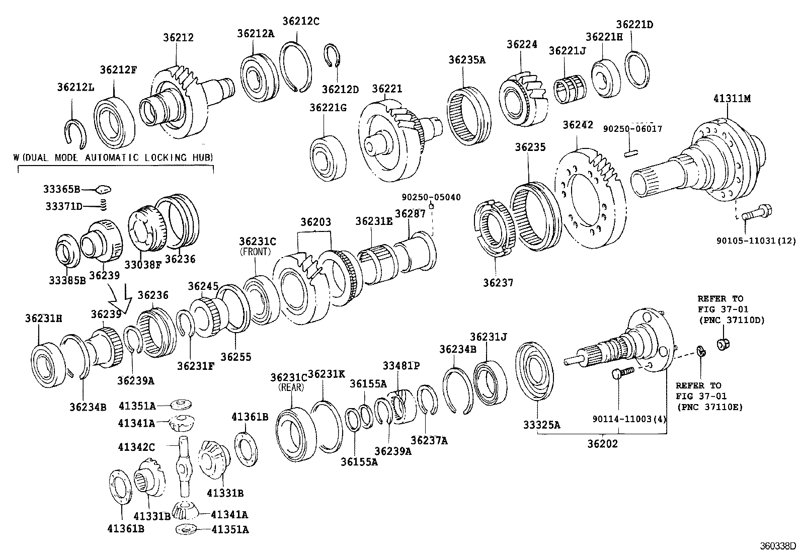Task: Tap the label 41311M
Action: pos(731,99)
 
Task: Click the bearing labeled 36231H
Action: pos(49,363)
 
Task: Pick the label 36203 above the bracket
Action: pos(315,222)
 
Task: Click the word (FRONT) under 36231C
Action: pos(255,251)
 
